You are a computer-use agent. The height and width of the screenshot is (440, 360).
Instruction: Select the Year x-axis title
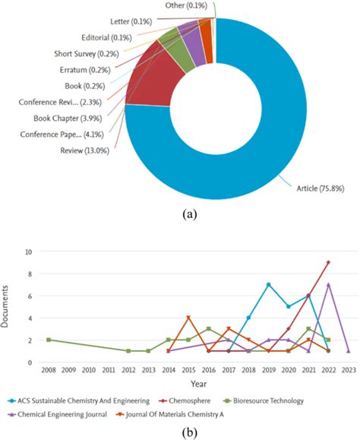pyautogui.click(x=196, y=384)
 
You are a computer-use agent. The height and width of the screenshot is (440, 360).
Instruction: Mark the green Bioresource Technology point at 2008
pyautogui.click(x=49, y=340)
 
